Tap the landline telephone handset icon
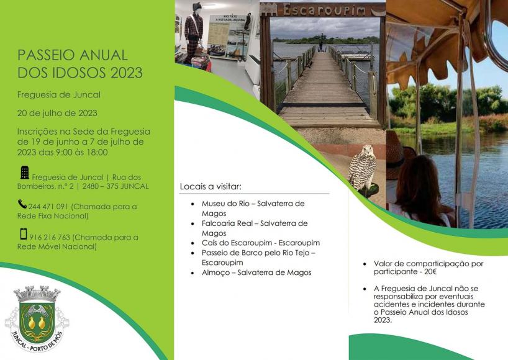tap(22, 204)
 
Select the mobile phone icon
tap(24, 234)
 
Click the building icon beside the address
tap(25, 173)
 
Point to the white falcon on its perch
tap(363, 170)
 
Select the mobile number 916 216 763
tap(50, 237)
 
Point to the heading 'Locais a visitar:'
tap(211, 187)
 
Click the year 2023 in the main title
tap(127, 73)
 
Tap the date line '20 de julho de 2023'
tap(57, 113)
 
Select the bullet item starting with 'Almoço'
tap(256, 272)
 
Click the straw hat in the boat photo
tap(397, 155)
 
